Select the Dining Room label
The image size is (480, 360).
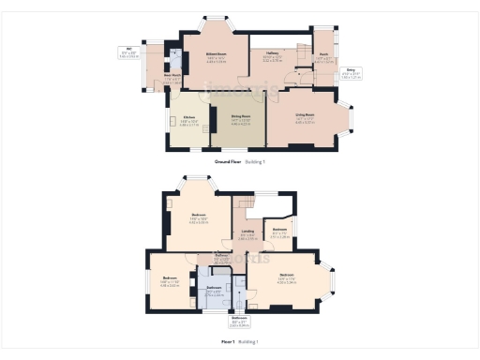[240, 118]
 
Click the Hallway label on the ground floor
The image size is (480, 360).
[274, 55]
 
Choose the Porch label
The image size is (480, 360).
[322, 55]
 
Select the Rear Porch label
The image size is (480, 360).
[172, 78]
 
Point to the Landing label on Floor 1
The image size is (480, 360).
[247, 232]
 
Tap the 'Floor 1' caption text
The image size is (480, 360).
[227, 342]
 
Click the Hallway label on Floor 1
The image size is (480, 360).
[222, 255]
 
